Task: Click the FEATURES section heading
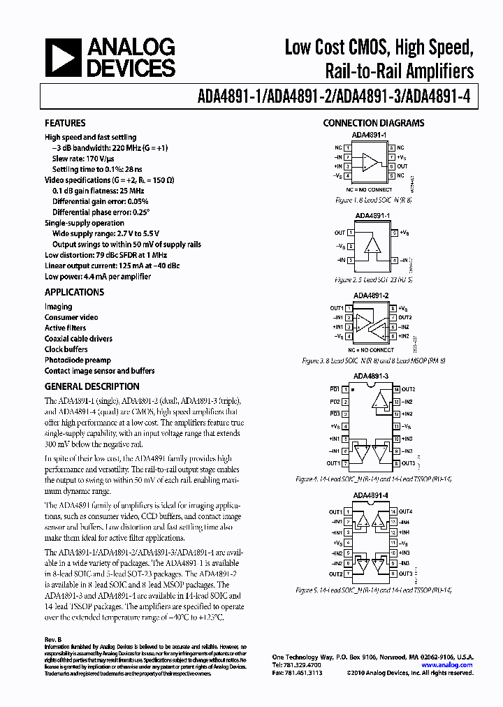(65, 123)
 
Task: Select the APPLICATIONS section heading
(74, 292)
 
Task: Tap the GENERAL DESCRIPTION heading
(92, 386)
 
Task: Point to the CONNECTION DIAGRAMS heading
(373, 123)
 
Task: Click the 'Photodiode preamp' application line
(78, 360)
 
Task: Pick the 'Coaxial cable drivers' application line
(78, 339)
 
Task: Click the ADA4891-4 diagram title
(371, 495)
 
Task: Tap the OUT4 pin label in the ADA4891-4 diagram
(406, 512)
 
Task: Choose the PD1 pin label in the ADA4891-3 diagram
(335, 388)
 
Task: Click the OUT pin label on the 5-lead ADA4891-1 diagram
(340, 233)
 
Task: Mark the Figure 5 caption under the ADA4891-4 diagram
(373, 590)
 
